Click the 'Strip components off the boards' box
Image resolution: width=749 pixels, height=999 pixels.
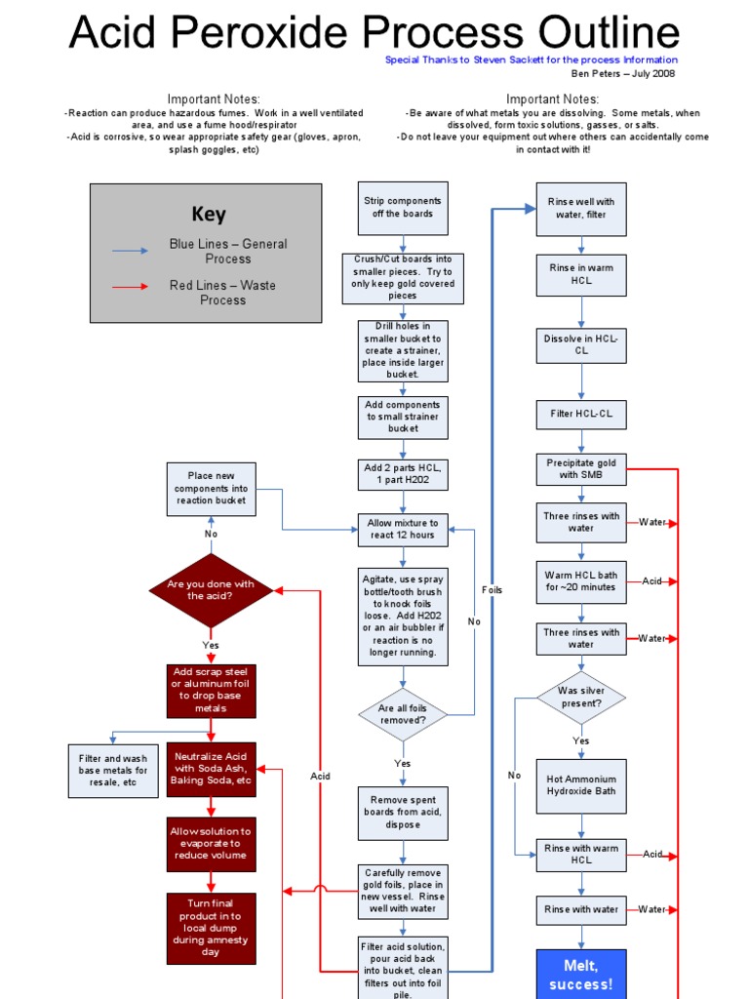[x=403, y=208]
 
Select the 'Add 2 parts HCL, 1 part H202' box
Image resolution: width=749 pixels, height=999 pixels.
[x=403, y=474]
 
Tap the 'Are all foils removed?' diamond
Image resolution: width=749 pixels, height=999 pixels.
[x=403, y=714]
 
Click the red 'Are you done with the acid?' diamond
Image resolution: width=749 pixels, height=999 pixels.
[x=211, y=590]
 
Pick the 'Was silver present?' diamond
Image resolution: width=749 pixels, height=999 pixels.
[x=581, y=697]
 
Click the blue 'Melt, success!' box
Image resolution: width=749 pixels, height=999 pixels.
[x=581, y=973]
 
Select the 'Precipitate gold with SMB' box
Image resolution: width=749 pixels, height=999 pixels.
[x=581, y=469]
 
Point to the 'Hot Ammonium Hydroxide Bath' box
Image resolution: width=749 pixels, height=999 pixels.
[x=581, y=786]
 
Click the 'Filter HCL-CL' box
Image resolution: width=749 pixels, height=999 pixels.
[x=581, y=414]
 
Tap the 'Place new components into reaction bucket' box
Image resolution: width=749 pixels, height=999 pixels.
[x=212, y=489]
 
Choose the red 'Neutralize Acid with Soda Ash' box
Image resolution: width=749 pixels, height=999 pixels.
[x=211, y=769]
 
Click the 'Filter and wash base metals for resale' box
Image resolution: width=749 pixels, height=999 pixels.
[x=113, y=771]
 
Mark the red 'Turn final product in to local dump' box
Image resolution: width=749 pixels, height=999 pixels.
[x=211, y=928]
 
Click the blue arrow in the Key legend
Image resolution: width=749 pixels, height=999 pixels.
[x=131, y=251]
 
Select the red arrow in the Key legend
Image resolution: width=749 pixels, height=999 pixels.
[x=131, y=287]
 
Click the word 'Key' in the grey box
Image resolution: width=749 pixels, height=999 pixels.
[x=208, y=215]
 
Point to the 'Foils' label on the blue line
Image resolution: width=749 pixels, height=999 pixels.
[x=493, y=590]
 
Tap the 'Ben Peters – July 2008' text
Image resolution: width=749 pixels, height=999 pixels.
[x=623, y=73]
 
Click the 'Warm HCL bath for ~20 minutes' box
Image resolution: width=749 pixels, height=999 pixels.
[x=581, y=581]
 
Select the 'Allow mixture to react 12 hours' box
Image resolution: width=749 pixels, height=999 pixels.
[x=403, y=530]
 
